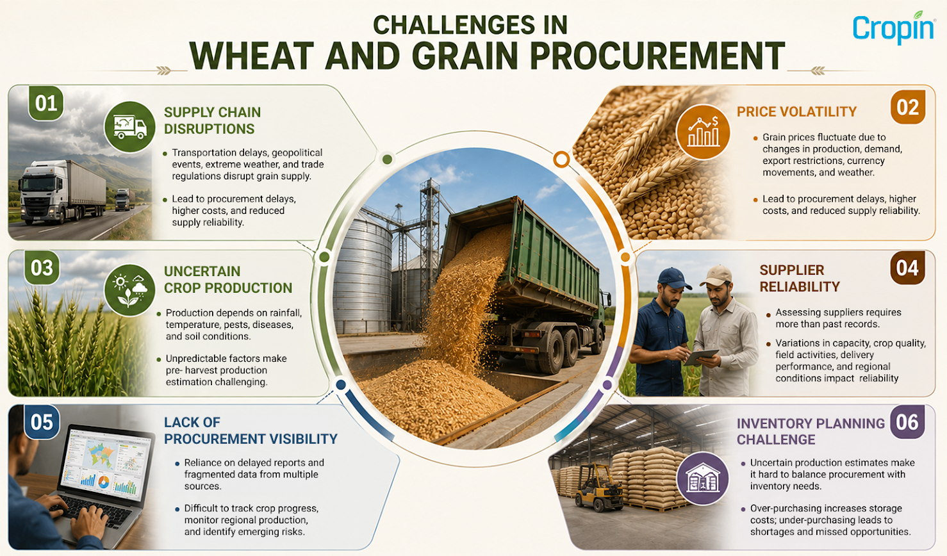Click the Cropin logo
point(893,28)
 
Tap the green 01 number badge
point(45,104)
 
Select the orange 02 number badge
point(908,108)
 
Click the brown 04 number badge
point(907,268)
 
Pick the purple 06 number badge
point(907,422)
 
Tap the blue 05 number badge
point(42,422)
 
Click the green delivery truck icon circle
point(130,127)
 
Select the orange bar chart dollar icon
point(703,132)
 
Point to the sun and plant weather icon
point(130,290)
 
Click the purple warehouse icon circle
point(703,478)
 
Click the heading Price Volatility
point(796,111)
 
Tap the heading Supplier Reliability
point(800,279)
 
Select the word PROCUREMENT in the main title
point(657,56)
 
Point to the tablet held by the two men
point(701,357)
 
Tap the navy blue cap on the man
point(674,277)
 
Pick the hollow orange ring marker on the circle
point(561,159)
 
